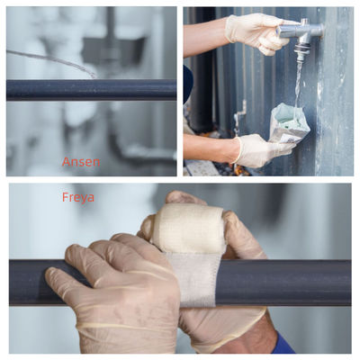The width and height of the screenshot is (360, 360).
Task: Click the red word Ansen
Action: click(81, 162)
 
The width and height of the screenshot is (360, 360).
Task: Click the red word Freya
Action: click(78, 197)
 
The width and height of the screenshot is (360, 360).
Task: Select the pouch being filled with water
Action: click(289, 123)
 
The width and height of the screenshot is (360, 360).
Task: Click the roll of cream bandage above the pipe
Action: click(188, 229)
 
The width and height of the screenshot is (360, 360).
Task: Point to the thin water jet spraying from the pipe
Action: click(51, 60)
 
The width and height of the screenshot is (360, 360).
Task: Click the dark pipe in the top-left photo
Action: click(91, 89)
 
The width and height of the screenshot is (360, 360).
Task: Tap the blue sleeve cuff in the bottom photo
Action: click(283, 345)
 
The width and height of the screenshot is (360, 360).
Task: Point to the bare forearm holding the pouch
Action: click(210, 148)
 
